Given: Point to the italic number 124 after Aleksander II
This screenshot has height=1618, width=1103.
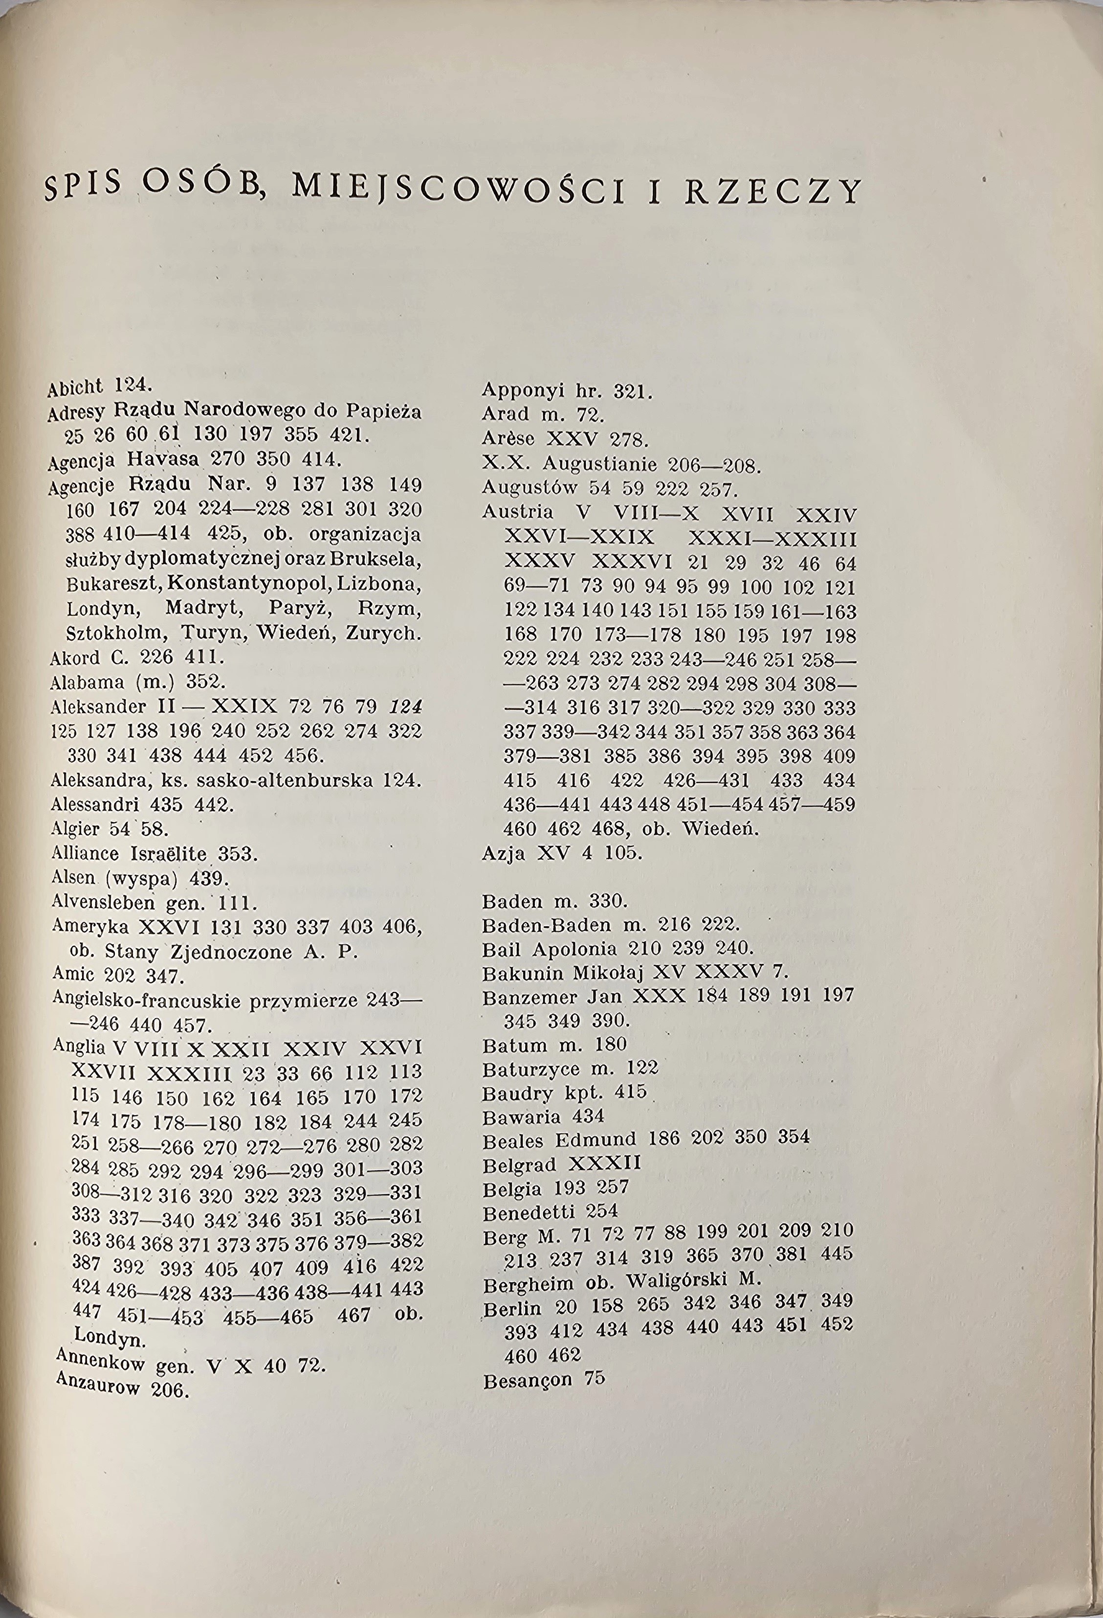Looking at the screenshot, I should [406, 706].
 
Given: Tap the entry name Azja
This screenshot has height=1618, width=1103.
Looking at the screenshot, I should [503, 853].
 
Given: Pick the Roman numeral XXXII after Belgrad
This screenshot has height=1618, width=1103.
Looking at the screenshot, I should [604, 1164].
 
